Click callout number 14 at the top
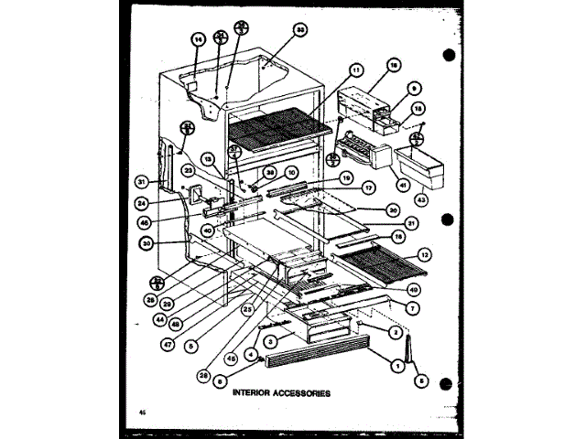coord(197,39)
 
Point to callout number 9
coord(414,89)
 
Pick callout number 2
coord(395,334)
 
